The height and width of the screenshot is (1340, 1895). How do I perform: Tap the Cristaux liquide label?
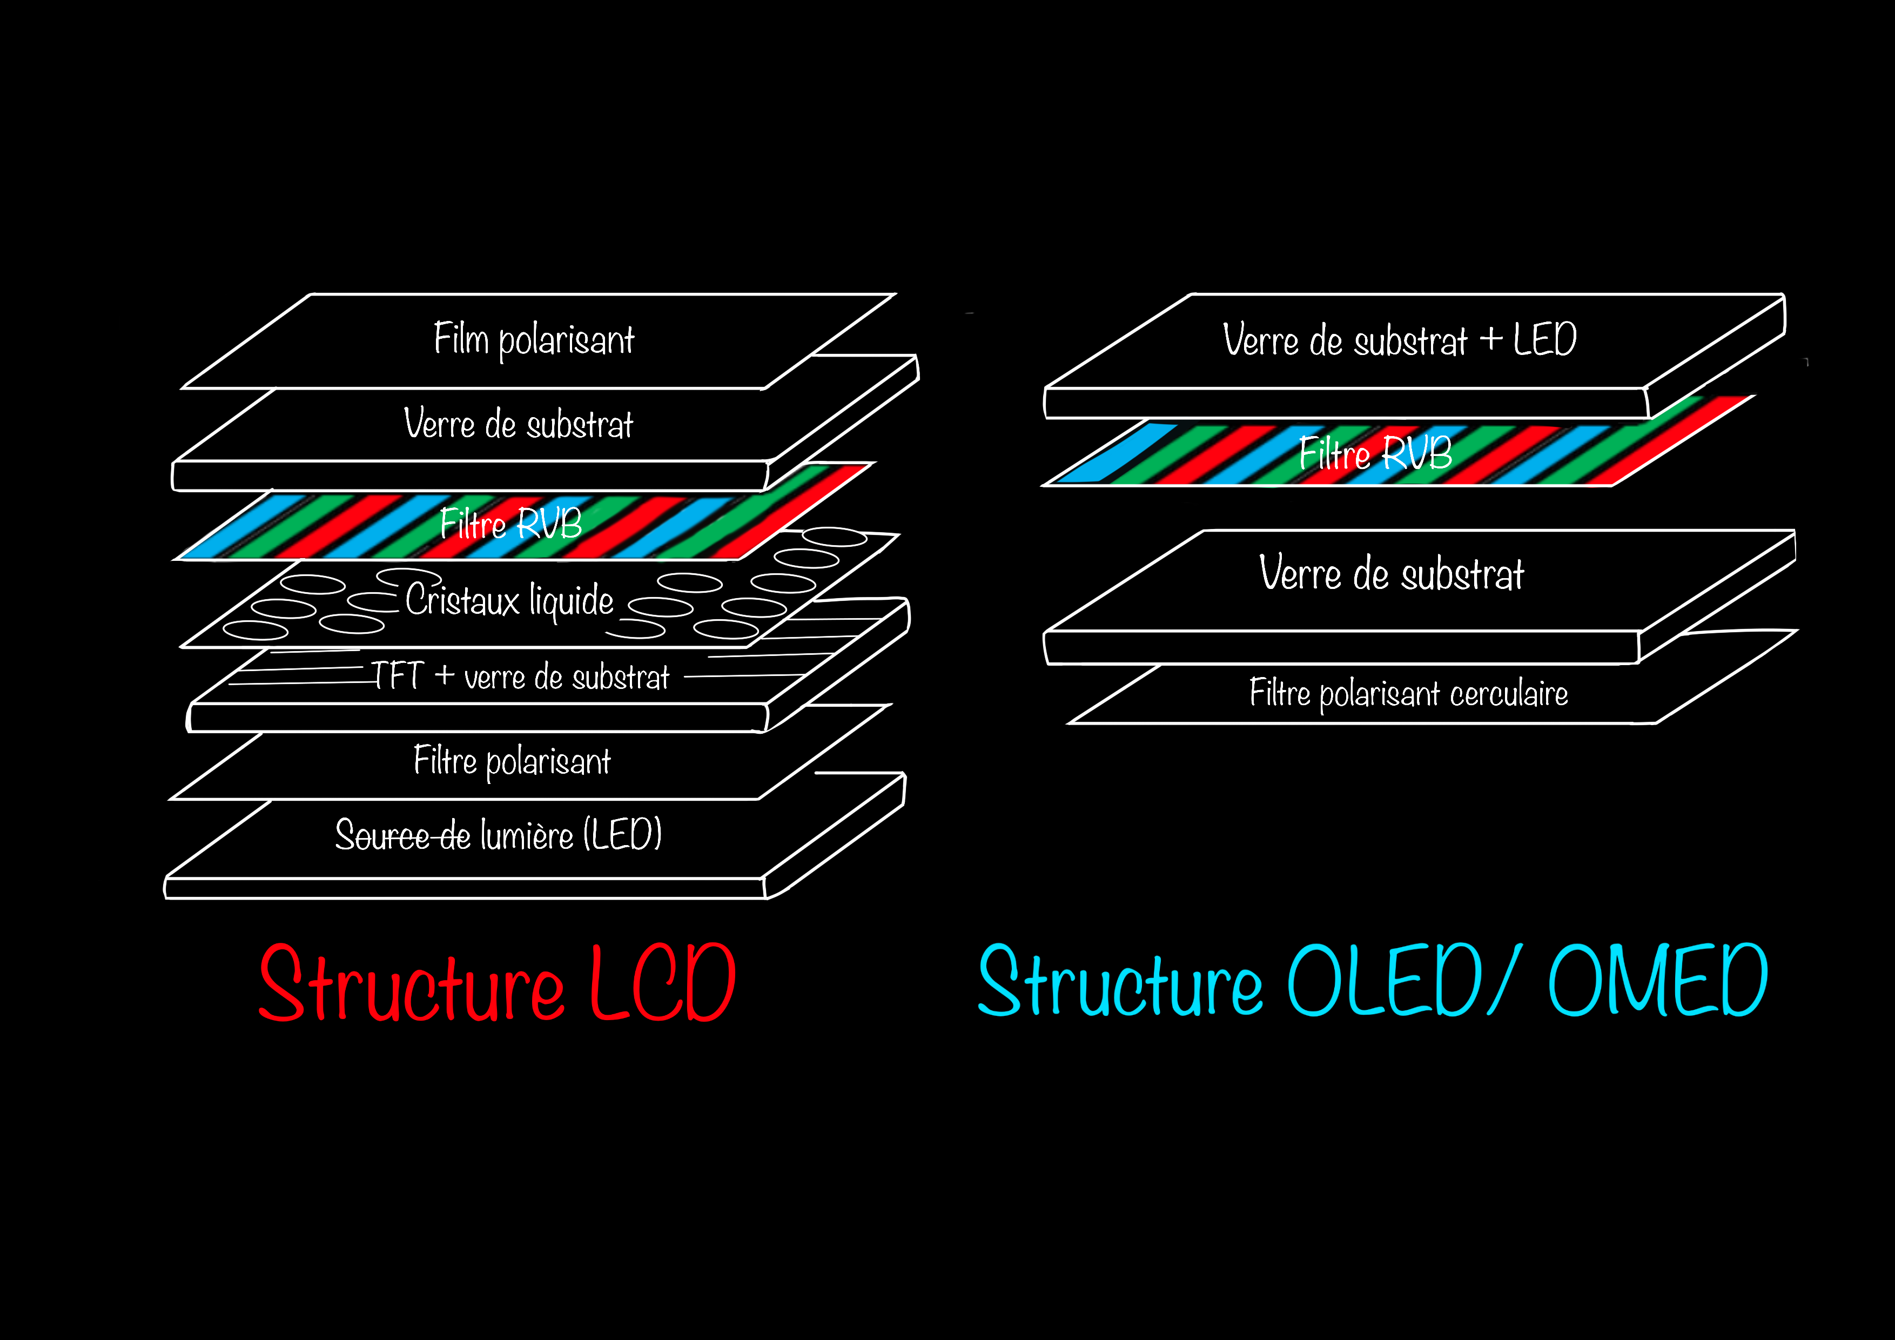[509, 600]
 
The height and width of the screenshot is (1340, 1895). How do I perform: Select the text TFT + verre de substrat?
[520, 676]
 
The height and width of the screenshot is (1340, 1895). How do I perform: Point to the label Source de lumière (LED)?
[498, 835]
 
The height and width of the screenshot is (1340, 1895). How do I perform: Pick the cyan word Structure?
[1120, 981]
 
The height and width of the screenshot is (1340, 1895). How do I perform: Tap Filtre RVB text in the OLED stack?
[1375, 452]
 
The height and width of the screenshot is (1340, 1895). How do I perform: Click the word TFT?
[397, 675]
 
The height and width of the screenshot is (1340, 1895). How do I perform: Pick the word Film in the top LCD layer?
[461, 338]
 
